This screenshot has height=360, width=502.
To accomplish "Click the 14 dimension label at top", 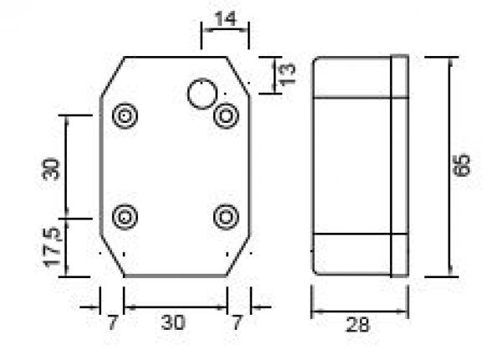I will (x=225, y=17).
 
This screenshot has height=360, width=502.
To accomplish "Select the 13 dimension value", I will (x=287, y=75).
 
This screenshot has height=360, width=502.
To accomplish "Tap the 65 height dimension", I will (x=462, y=165).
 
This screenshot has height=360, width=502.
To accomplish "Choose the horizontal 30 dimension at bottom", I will (x=174, y=321).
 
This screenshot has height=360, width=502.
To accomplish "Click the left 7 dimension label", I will (x=111, y=321).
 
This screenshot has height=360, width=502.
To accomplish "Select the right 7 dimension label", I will (x=238, y=321).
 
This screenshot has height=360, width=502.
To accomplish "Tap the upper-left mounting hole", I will (x=125, y=116).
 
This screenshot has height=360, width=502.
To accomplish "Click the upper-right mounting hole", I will (x=224, y=116).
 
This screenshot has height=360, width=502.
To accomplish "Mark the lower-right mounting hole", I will (x=224, y=217).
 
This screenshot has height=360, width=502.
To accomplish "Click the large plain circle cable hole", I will (x=202, y=93).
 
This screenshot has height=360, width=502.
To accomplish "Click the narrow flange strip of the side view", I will (x=400, y=165).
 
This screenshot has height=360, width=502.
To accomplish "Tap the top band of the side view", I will (x=351, y=77).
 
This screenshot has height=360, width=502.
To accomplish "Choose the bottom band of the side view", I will (x=351, y=253).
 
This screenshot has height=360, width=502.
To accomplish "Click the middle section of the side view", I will (x=351, y=165).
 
